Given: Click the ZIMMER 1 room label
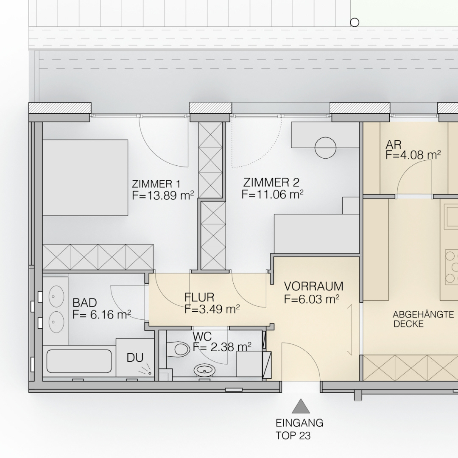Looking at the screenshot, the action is (x=156, y=184).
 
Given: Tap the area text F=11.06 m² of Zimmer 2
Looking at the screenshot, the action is (x=272, y=194).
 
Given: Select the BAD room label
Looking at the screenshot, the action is (x=85, y=303).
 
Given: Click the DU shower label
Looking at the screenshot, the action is (x=135, y=357).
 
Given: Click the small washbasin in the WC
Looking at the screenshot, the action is (x=204, y=370).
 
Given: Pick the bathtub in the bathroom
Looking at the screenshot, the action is (x=79, y=361).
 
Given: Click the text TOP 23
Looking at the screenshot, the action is (x=293, y=436).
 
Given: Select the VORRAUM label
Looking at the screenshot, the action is (x=313, y=286).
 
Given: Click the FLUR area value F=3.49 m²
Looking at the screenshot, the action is (x=212, y=309).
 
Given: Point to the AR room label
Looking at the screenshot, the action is (x=394, y=145).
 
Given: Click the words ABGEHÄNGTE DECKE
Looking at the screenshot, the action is (x=423, y=319).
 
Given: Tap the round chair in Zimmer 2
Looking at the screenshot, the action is (x=325, y=148).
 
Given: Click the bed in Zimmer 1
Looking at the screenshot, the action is (x=85, y=178).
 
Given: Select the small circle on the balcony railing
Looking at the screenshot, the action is (x=354, y=22).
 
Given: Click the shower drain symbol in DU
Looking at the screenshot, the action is (x=150, y=373).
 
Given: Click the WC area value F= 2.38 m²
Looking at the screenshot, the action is (x=222, y=347).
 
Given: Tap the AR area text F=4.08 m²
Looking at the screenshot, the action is (x=413, y=155).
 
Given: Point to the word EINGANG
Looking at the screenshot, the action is (x=299, y=423).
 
